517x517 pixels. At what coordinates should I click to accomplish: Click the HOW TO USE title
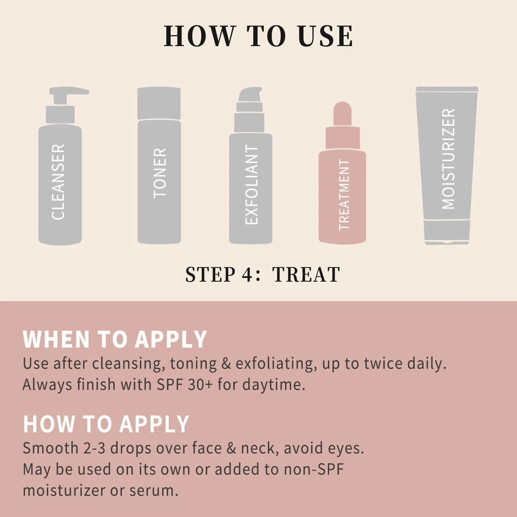click(x=258, y=36)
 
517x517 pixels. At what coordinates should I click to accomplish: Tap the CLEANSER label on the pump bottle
click(x=58, y=181)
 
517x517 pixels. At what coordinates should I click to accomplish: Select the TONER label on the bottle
click(x=160, y=173)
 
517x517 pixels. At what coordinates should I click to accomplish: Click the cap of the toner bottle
click(x=159, y=103)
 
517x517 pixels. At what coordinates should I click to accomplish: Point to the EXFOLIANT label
click(x=251, y=185)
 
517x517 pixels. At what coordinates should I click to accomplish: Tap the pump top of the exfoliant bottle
click(x=250, y=95)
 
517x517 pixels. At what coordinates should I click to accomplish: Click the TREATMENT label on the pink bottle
click(x=344, y=194)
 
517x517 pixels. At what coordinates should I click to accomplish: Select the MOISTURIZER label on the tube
click(x=448, y=159)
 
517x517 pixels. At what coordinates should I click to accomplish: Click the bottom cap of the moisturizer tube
click(x=447, y=233)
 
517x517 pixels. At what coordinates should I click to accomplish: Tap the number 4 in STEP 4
click(x=247, y=275)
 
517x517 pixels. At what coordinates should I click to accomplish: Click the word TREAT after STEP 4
click(x=306, y=275)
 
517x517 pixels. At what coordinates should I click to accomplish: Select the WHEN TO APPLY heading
click(x=115, y=339)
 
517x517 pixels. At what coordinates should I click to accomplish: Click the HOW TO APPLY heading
click(x=106, y=424)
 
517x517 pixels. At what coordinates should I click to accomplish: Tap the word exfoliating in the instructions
click(x=275, y=363)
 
